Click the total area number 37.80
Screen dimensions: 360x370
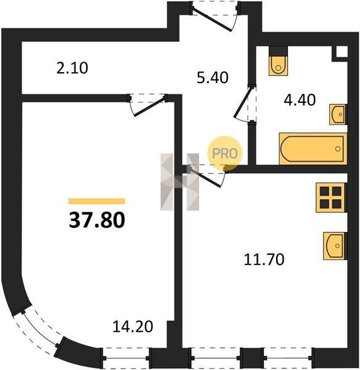pyautogui.click(x=97, y=220)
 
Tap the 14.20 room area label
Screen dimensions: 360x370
pyautogui.click(x=133, y=327)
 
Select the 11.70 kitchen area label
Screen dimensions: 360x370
pyautogui.click(x=264, y=260)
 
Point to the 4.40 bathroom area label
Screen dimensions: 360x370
pyautogui.click(x=300, y=100)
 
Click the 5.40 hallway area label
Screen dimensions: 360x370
pyautogui.click(x=213, y=78)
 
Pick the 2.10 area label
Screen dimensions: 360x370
pyautogui.click(x=72, y=68)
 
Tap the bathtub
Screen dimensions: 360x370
pyautogui.click(x=313, y=149)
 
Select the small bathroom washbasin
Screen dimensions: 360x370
pyautogui.click(x=338, y=115)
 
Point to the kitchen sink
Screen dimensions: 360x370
pyautogui.click(x=335, y=246)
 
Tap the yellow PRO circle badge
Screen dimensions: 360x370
pyautogui.click(x=225, y=154)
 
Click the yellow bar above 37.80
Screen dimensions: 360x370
pyautogui.click(x=97, y=201)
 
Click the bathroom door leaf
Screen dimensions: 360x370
pyautogui.click(x=243, y=102)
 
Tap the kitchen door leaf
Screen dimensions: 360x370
pyautogui.click(x=206, y=178)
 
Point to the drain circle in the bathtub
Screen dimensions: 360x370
pyautogui.click(x=338, y=149)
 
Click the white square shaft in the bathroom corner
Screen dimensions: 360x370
pyautogui.click(x=342, y=51)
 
